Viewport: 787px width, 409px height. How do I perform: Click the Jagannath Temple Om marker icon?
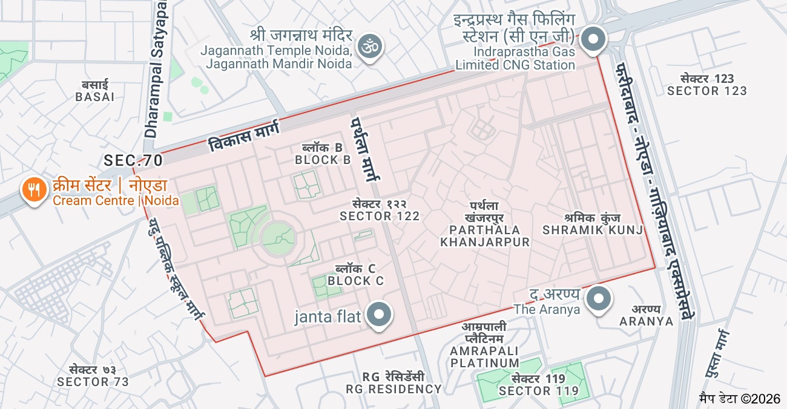pos(370,46)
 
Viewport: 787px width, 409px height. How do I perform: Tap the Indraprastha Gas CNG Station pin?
pos(593,40)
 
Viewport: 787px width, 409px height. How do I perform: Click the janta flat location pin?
pos(380,314)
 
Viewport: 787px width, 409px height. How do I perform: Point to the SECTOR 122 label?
pos(380,216)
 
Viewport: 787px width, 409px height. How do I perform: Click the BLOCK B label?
pos(323,160)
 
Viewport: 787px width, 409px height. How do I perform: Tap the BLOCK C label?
pos(355,281)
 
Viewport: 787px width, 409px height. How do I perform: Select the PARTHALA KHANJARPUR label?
pos(484,236)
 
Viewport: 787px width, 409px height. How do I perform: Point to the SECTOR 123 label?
pos(707,91)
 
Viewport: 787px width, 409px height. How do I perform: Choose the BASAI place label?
pos(95,96)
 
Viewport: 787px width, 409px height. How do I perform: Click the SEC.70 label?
pos(133,160)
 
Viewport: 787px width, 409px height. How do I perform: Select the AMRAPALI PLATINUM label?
pos(484,357)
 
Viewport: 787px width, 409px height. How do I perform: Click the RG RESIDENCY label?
pos(393,388)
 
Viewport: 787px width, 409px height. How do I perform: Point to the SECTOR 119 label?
pos(539,391)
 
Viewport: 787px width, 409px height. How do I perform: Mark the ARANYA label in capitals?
pos(646,321)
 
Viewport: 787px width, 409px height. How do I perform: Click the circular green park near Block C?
pos(278,238)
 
